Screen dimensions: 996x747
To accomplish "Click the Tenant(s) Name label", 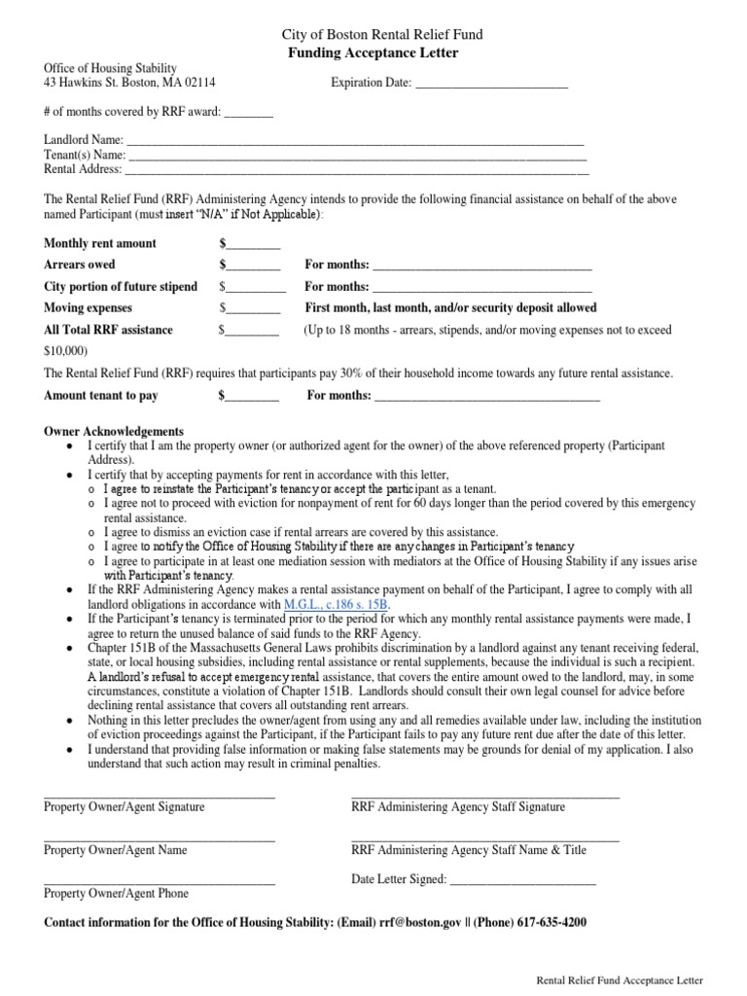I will [85, 155].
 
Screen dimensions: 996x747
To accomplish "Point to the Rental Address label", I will [83, 169].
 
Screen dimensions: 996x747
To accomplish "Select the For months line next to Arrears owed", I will [481, 266].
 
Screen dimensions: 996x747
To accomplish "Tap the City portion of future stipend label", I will [121, 287].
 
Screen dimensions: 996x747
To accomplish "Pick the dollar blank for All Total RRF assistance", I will [253, 331].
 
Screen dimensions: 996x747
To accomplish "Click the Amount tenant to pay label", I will [101, 396].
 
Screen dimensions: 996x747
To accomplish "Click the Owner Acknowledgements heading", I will [115, 431].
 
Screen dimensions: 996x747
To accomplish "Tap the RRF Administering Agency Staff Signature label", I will [457, 807].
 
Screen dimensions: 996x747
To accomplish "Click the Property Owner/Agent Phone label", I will [117, 893].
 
